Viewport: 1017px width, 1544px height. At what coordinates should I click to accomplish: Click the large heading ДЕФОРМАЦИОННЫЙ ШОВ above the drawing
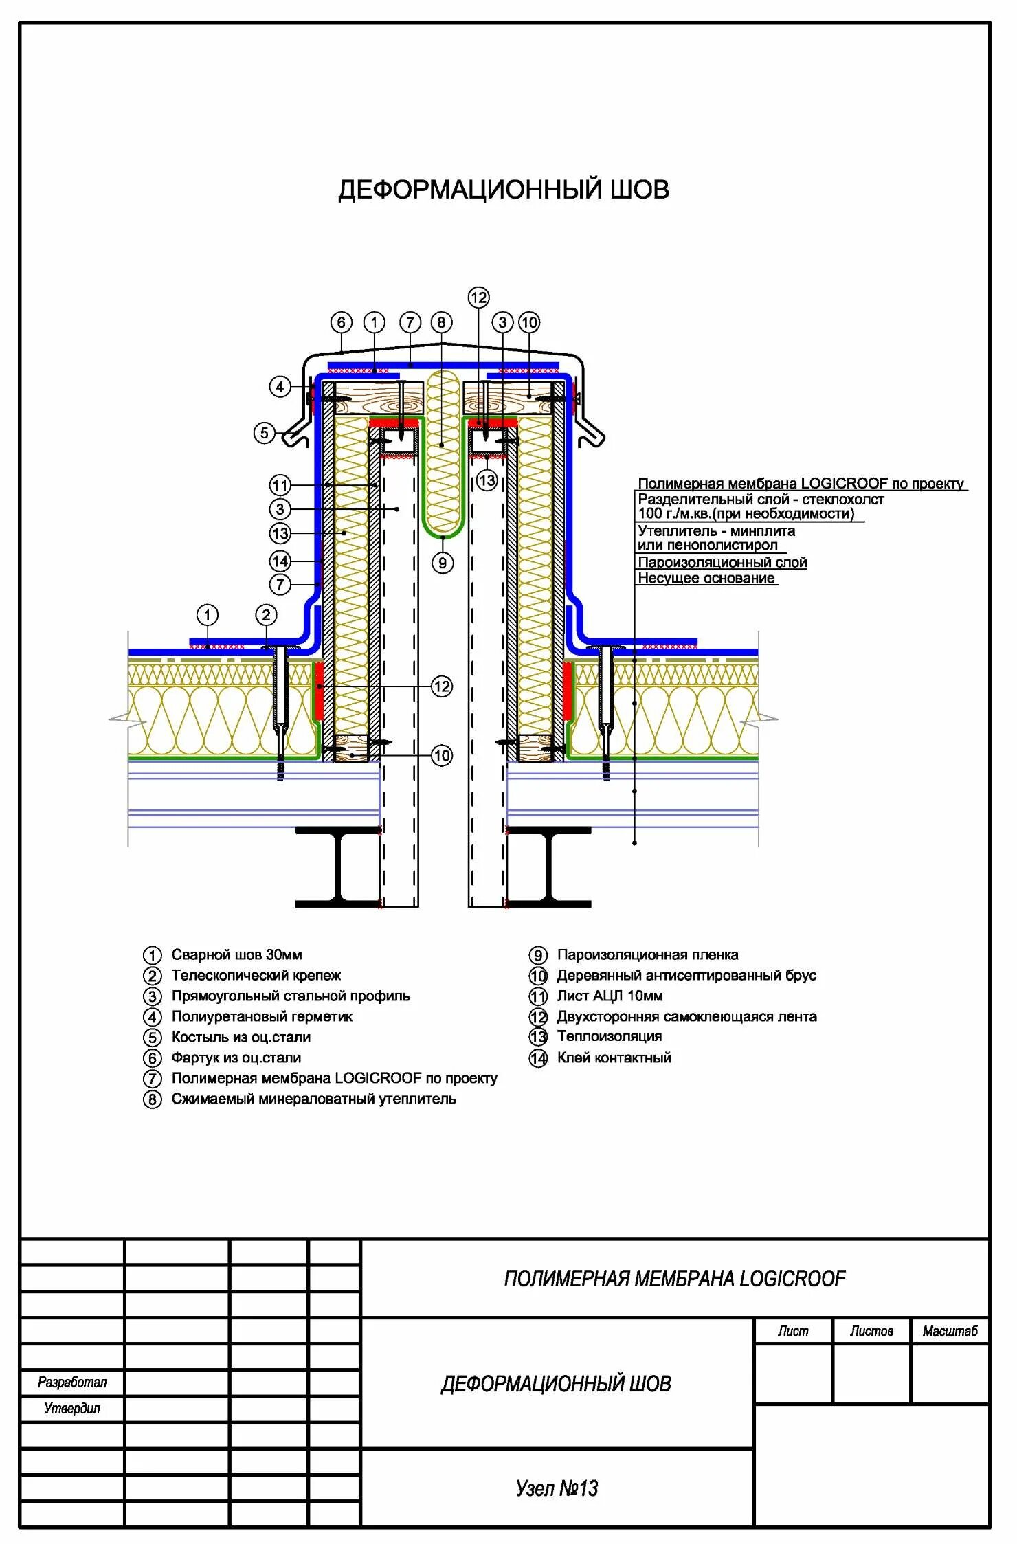coord(503,190)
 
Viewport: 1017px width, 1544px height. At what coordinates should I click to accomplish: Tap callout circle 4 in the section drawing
coord(280,387)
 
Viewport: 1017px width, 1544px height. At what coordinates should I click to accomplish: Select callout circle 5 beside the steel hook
coord(264,433)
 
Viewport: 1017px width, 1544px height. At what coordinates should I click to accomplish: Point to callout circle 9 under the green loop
coord(443,563)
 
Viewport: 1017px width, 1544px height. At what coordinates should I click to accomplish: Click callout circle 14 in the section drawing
coord(280,561)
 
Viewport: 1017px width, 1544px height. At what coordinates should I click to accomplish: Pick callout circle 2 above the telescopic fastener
coord(266,615)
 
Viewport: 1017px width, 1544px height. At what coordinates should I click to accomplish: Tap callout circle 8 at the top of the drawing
coord(441,322)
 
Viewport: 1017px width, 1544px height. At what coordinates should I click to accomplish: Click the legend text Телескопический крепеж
coord(256,975)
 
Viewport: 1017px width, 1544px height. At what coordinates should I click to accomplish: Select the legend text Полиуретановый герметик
coord(262,1016)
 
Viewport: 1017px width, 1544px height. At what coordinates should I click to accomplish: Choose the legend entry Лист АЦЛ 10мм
coord(610,996)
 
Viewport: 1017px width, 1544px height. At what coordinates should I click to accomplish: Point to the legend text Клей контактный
coord(614,1058)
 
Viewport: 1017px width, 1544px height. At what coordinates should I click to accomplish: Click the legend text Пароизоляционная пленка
coord(647,954)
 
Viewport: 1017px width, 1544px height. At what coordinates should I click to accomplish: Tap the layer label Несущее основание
coord(706,578)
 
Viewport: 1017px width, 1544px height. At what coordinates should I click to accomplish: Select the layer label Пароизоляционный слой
coord(722,562)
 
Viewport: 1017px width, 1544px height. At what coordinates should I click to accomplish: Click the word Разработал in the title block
coord(72,1382)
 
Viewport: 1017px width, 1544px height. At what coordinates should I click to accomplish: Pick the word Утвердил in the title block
coord(72,1408)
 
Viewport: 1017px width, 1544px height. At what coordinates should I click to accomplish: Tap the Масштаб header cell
coord(950,1331)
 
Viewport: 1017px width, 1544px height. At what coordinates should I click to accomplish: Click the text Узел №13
coord(557,1488)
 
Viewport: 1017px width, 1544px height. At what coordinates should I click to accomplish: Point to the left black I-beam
coord(338,867)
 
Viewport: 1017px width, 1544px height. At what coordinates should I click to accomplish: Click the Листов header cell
coord(871,1331)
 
